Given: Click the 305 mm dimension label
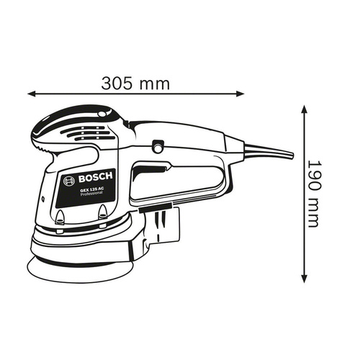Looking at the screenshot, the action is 135,84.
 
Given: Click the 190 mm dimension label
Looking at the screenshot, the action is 314,194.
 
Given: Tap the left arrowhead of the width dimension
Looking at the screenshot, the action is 32,94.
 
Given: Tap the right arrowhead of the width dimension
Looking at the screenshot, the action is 240,94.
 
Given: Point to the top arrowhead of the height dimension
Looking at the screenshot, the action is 304,109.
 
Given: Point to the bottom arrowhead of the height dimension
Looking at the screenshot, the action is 304,279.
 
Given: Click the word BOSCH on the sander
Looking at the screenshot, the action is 95,177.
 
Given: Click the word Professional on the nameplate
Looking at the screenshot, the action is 91,194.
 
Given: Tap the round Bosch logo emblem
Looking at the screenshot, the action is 68,181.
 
